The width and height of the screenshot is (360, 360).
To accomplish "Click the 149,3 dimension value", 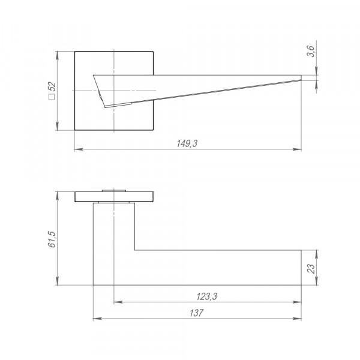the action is tap(187, 143).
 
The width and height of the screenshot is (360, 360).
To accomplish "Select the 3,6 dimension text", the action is tap(310, 51).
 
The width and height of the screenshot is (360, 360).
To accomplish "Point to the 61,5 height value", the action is tap(52, 239).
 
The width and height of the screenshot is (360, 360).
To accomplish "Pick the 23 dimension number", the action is tap(311, 268).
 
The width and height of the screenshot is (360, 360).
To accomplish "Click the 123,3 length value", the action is tap(206, 296).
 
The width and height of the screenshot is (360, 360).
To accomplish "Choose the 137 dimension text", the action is tap(197, 313).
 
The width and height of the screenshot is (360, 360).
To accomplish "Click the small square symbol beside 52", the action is tap(52, 97).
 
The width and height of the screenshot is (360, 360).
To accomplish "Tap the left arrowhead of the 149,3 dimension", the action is tap(79, 149).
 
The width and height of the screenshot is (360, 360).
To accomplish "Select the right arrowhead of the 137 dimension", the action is tap(297, 319).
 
